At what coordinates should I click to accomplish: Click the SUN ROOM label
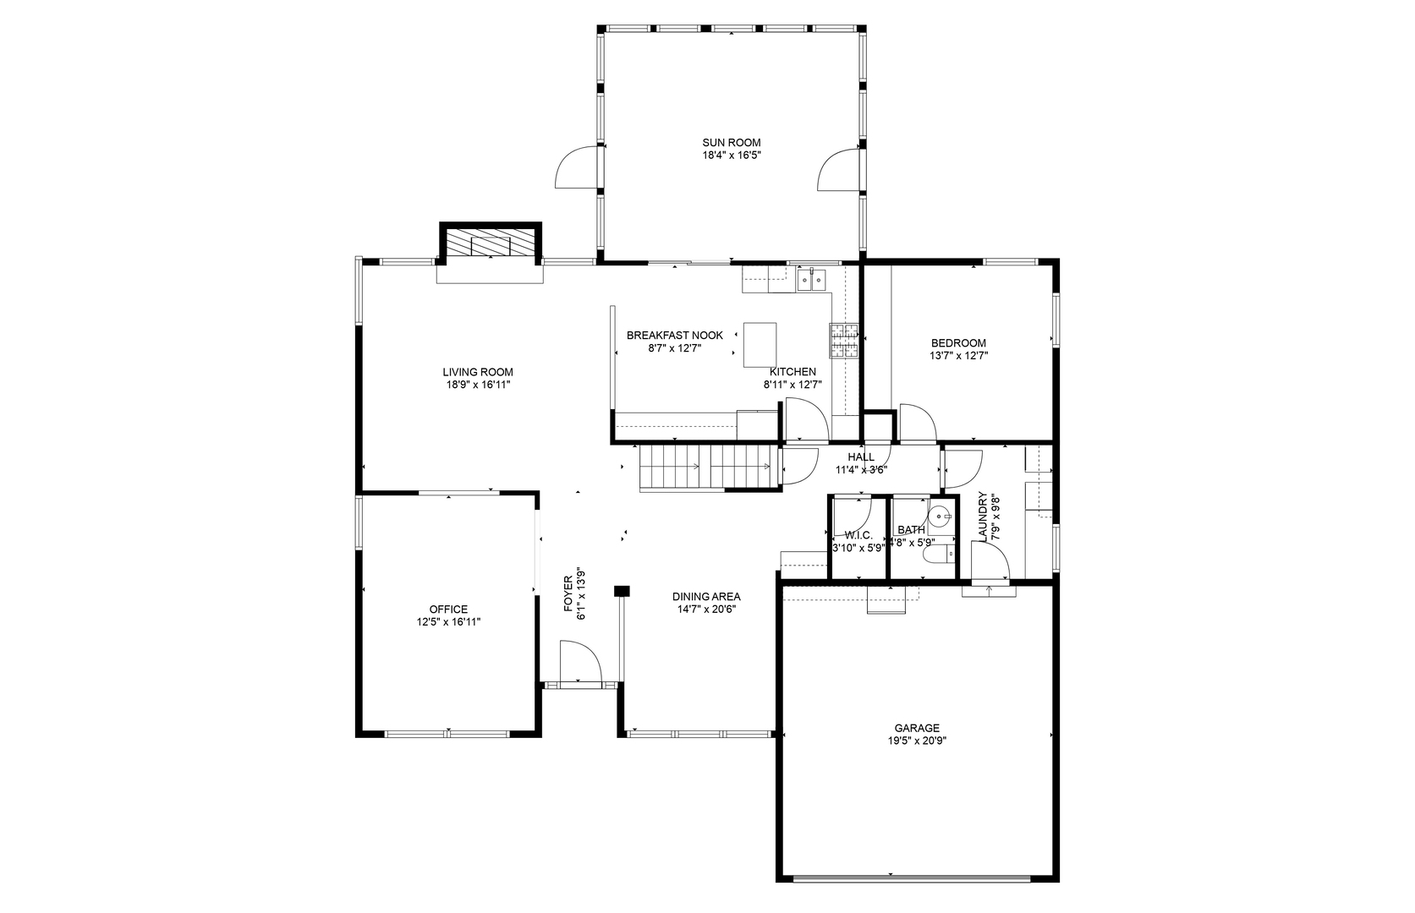(731, 143)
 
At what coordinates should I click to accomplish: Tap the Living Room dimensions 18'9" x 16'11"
(478, 385)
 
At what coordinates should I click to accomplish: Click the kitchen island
(760, 345)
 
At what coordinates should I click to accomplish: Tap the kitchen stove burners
(844, 341)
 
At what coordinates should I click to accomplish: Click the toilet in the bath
(940, 555)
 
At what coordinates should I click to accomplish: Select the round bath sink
(941, 515)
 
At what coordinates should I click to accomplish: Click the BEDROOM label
(958, 343)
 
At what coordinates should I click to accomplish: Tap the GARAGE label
(917, 728)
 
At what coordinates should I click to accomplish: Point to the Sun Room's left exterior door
(577, 168)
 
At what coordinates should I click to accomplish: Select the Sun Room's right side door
(839, 170)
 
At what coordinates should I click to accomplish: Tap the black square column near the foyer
(622, 591)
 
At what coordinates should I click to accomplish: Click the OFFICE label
(448, 610)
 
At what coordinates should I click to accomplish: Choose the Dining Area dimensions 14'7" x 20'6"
(706, 609)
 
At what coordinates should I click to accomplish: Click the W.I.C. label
(858, 535)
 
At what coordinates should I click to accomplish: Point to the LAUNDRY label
(983, 517)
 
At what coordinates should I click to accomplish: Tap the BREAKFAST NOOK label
(674, 336)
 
